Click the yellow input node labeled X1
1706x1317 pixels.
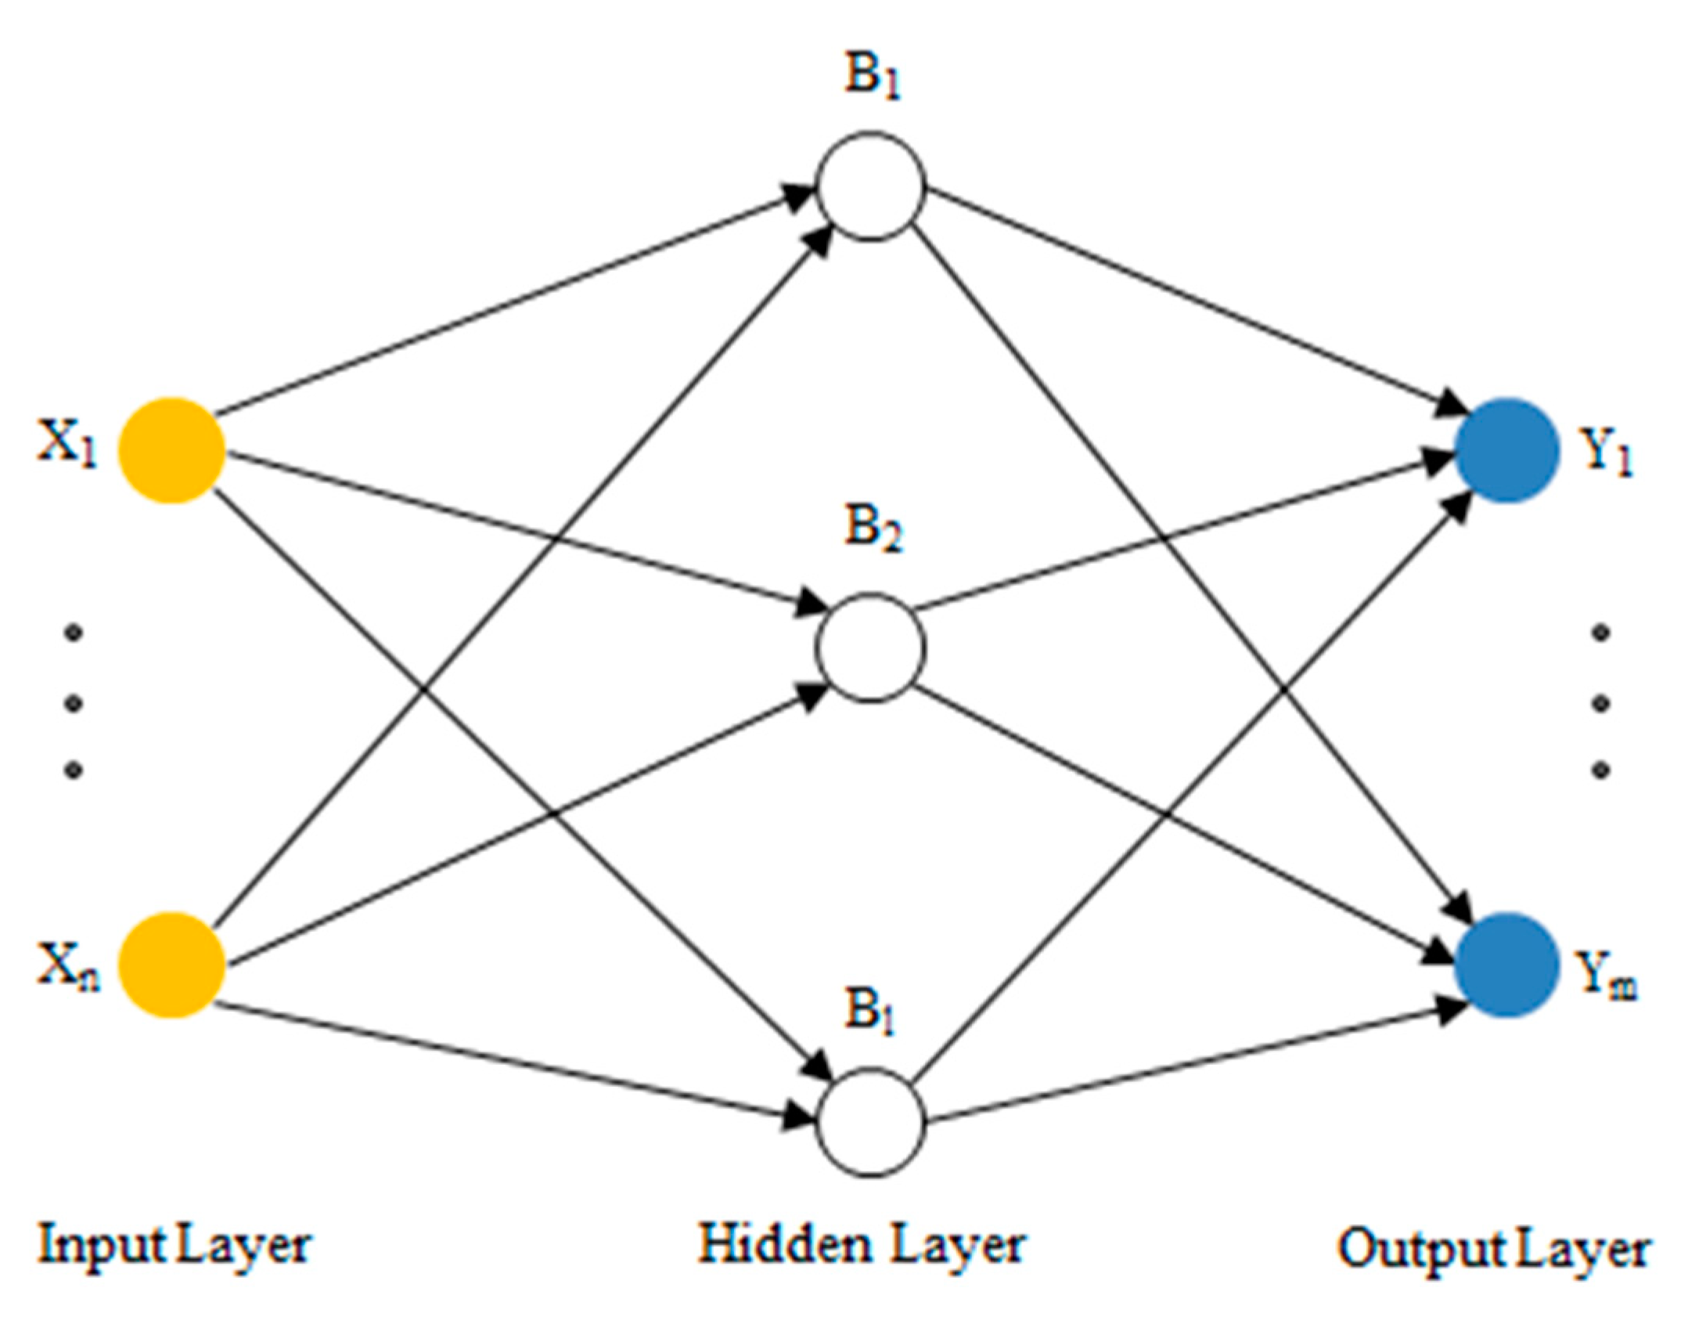click(171, 450)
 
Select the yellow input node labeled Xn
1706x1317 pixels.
click(171, 965)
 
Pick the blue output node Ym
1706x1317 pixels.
click(1506, 965)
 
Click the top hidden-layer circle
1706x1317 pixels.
click(871, 186)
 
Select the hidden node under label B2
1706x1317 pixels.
click(871, 648)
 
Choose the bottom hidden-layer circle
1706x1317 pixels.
click(871, 1121)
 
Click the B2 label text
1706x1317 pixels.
click(872, 529)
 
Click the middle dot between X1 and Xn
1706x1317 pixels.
click(73, 703)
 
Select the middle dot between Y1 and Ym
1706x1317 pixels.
click(1601, 703)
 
